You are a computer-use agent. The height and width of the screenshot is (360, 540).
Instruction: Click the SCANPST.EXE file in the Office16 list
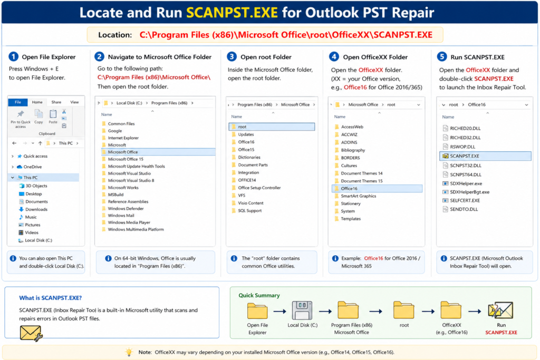(x=464, y=156)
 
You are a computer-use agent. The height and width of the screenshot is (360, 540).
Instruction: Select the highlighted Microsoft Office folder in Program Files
(x=122, y=152)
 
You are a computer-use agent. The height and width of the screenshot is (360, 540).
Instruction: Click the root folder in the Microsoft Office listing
(x=242, y=127)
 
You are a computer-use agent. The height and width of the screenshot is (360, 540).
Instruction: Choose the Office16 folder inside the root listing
(x=349, y=188)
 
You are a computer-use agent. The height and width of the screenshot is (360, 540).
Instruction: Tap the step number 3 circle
(x=232, y=57)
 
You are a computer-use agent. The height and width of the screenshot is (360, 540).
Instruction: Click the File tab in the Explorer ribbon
(x=18, y=102)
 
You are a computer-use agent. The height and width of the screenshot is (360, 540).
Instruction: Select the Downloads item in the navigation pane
(x=36, y=209)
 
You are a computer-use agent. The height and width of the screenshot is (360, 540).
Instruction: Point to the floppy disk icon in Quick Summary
(x=302, y=310)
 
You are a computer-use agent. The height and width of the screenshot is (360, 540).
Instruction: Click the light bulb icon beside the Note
(x=129, y=352)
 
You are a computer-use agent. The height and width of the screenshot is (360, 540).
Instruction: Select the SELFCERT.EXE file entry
(x=465, y=200)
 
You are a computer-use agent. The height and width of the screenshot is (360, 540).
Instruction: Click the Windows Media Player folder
(x=129, y=222)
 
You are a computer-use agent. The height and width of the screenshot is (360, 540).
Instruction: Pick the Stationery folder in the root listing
(x=351, y=203)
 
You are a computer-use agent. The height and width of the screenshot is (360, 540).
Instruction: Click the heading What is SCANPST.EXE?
(x=50, y=298)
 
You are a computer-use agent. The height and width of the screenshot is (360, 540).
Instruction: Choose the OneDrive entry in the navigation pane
(x=32, y=167)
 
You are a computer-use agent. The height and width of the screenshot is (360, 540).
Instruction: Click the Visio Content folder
(x=250, y=203)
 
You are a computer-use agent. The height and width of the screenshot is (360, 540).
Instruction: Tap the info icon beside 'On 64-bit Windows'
(x=108, y=258)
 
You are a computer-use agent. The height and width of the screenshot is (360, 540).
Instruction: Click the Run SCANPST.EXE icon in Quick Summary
(x=501, y=310)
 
